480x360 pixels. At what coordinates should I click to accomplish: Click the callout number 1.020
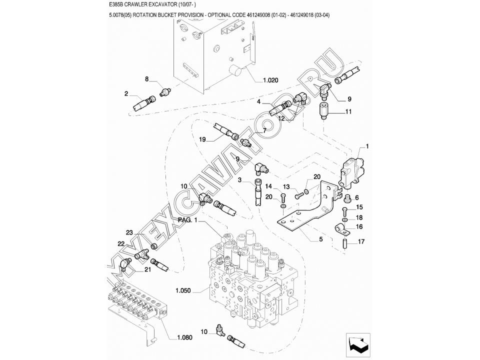270,80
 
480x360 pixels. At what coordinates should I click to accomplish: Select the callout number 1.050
183,290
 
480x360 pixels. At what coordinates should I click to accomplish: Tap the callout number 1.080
185,337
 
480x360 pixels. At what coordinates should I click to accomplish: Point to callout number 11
348,111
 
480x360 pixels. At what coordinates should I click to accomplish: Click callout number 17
361,241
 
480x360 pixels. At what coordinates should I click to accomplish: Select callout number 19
202,139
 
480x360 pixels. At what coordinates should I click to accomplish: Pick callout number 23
129,232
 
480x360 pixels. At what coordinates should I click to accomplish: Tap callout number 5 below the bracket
321,239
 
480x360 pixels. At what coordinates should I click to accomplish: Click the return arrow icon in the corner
358,345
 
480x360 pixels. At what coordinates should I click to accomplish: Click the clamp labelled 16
341,229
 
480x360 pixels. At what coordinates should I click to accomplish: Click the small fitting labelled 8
166,91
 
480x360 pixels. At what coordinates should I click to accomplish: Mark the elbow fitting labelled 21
125,264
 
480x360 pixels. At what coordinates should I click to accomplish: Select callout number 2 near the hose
126,93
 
